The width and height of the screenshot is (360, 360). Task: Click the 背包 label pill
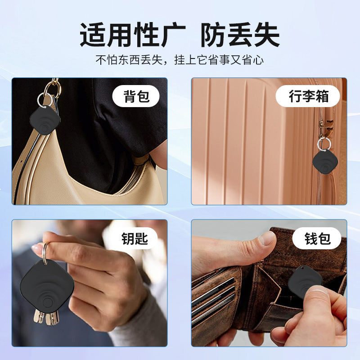(x=136, y=96)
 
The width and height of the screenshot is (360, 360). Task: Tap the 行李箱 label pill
(x=308, y=96)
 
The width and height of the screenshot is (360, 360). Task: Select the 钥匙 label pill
(x=135, y=239)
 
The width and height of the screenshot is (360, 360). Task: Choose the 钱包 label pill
(x=317, y=238)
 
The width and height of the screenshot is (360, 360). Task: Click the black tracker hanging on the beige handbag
(x=45, y=120)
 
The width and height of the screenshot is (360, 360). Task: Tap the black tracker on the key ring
(x=47, y=286)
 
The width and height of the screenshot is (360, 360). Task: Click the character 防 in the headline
(x=213, y=35)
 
